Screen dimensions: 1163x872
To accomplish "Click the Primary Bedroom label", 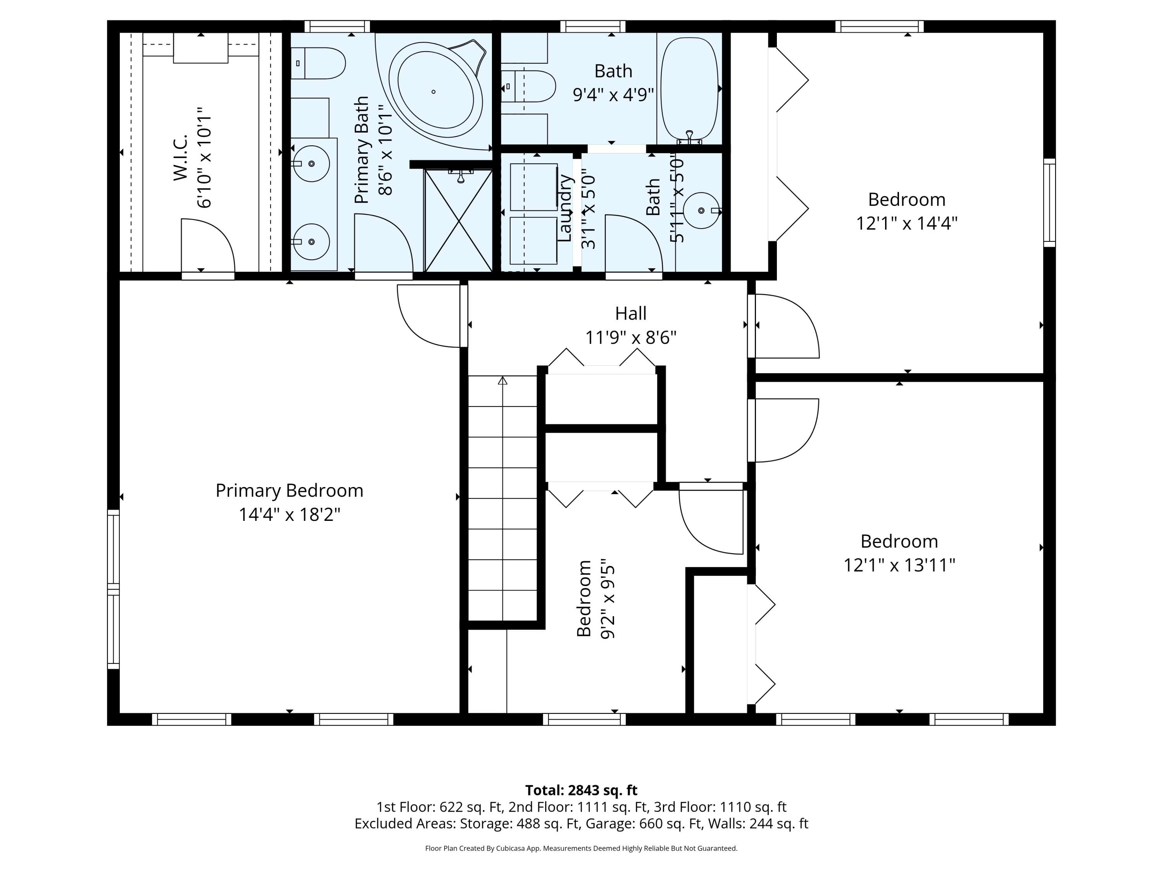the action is (289, 490).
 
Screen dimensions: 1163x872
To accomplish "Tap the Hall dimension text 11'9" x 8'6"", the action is (630, 337).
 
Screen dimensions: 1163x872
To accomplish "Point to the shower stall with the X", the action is (459, 220).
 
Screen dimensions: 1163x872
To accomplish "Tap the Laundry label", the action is (564, 208).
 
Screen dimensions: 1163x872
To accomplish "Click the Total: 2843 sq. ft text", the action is (581, 790).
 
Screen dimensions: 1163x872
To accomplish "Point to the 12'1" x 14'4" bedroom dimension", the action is (906, 223).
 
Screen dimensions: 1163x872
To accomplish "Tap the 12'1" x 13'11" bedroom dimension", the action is (899, 565).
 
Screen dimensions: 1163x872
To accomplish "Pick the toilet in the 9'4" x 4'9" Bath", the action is (528, 86).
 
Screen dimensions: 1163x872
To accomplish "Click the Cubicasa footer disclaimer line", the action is (581, 848).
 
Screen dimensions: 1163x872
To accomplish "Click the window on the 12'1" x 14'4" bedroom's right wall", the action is (1049, 202).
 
